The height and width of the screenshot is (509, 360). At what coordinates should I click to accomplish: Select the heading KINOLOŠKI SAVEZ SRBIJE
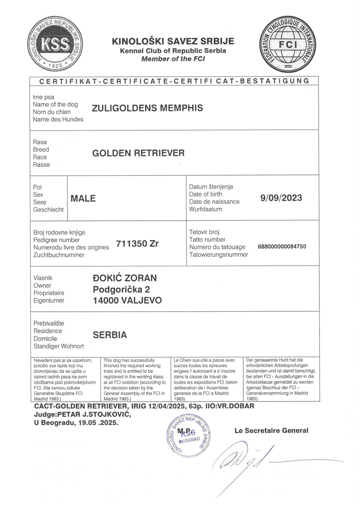173,41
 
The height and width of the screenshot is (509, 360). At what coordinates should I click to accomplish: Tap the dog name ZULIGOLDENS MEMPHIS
148,108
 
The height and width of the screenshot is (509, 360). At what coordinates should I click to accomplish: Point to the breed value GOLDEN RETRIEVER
138,153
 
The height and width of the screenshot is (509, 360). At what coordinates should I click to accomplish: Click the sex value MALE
83,199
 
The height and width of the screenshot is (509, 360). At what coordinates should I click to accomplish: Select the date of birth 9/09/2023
281,198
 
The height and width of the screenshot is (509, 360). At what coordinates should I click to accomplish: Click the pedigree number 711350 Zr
137,244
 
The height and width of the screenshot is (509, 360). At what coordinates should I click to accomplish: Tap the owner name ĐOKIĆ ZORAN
125,278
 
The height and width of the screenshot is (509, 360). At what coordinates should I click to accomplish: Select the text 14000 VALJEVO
127,300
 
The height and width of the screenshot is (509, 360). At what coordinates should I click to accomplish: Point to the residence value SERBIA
110,335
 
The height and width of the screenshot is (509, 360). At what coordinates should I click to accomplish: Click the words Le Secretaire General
271,431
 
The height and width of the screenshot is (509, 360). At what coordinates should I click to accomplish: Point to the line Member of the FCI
173,59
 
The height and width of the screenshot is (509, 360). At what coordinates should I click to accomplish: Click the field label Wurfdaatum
205,209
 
